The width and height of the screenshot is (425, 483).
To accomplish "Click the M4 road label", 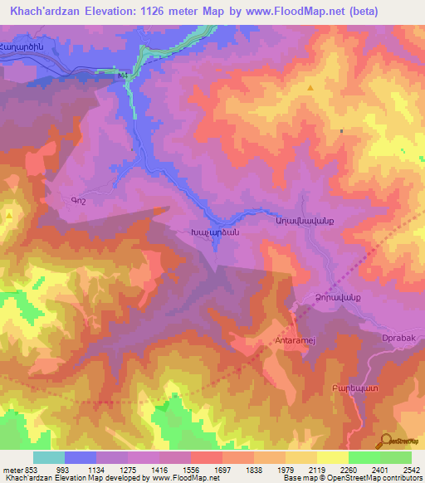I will coord(124,76).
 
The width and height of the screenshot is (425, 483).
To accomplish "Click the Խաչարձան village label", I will coord(216,233).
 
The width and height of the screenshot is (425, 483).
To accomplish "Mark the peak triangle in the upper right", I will coord(310,87).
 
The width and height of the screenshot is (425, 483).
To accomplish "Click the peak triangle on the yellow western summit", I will coord(9,215).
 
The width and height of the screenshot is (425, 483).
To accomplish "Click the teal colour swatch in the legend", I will coord(48,457).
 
